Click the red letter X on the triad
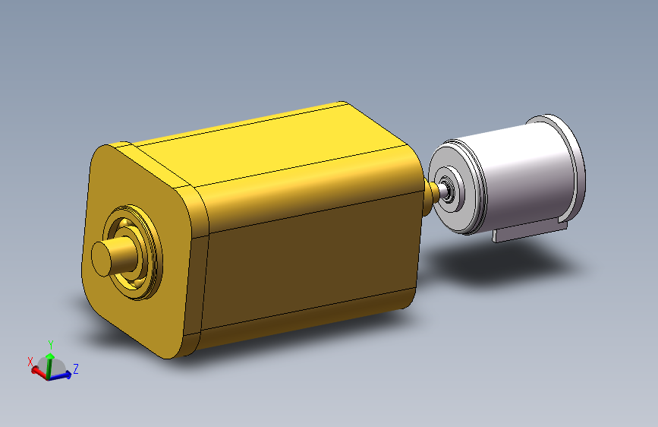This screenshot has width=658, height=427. [x=30, y=362]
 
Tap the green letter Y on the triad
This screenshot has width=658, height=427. [x=50, y=344]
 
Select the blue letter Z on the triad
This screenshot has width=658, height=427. [x=77, y=368]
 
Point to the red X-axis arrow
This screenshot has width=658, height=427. [x=38, y=372]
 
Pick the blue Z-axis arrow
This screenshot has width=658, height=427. [x=65, y=375]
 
